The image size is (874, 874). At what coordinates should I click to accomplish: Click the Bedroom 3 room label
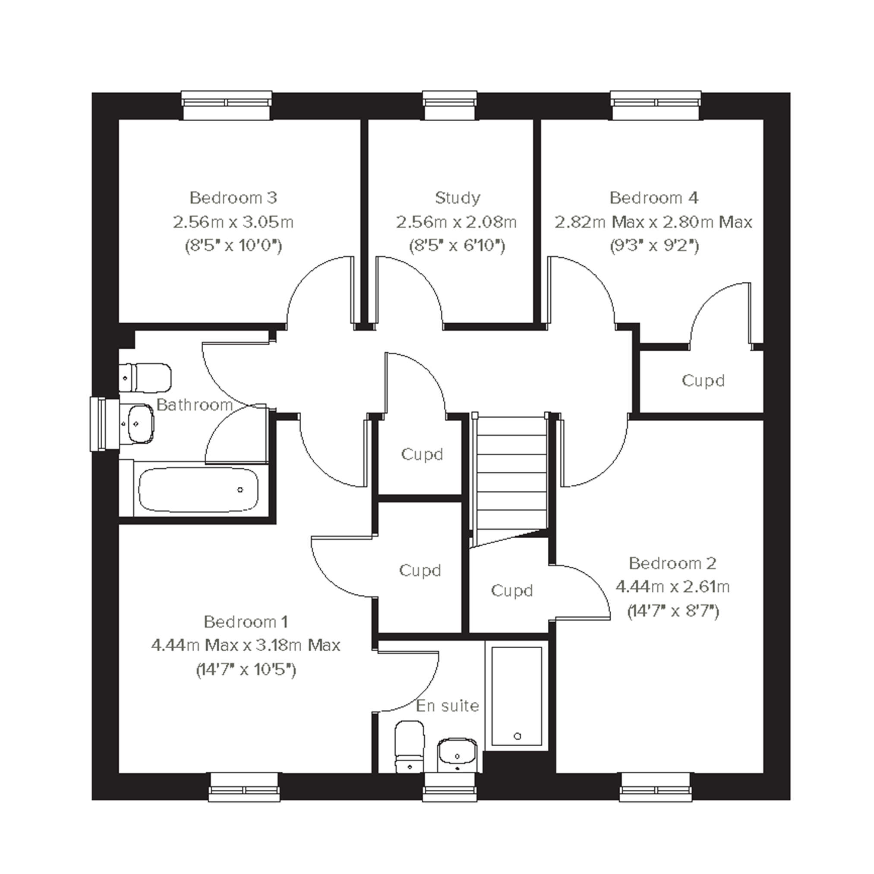pyautogui.click(x=233, y=198)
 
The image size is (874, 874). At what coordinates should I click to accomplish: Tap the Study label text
pyautogui.click(x=457, y=198)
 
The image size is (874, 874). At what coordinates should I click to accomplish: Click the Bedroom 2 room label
pyautogui.click(x=672, y=563)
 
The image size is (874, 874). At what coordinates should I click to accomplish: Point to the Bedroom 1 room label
pyautogui.click(x=245, y=622)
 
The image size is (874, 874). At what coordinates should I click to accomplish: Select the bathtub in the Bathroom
pyautogui.click(x=198, y=490)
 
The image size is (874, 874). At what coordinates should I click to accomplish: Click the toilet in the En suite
pyautogui.click(x=410, y=746)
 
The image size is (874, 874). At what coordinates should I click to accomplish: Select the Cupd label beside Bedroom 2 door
pyautogui.click(x=511, y=590)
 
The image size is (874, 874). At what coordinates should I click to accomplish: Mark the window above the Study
pyautogui.click(x=450, y=105)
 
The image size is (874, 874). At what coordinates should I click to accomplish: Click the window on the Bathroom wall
pyautogui.click(x=104, y=424)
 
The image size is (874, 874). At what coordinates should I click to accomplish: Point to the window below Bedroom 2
pyautogui.click(x=656, y=788)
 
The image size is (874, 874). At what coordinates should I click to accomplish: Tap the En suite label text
pyautogui.click(x=447, y=706)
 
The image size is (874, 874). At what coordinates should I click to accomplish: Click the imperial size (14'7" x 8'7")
pyautogui.click(x=673, y=612)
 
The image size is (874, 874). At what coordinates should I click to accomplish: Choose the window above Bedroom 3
pyautogui.click(x=227, y=105)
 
